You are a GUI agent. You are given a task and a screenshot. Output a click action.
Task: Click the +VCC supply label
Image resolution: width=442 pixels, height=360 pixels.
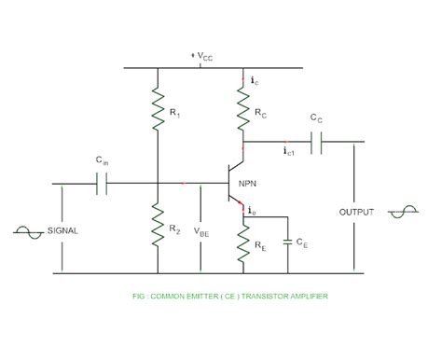201,57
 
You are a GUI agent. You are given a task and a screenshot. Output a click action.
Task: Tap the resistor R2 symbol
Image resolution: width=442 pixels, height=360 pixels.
156,225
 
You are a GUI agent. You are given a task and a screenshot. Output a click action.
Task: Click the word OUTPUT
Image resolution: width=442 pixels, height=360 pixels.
356,212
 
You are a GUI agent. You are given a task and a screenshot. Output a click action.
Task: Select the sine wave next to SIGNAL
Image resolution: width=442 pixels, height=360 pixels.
26,230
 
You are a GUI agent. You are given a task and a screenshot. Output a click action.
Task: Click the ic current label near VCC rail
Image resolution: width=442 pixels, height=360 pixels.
255,82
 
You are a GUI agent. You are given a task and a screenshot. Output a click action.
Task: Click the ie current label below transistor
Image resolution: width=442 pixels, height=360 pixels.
255,215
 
